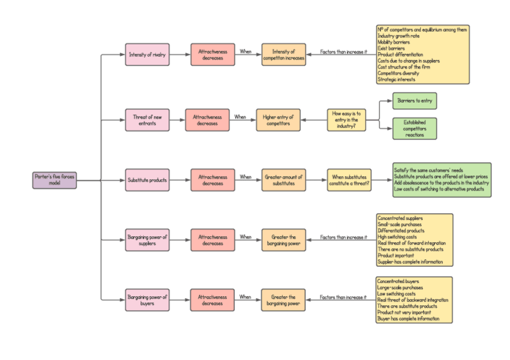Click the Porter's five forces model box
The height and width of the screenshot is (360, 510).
click(55, 180)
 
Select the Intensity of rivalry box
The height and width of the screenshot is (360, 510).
click(147, 55)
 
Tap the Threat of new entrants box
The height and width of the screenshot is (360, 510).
click(147, 120)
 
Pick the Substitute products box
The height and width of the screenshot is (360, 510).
click(147, 180)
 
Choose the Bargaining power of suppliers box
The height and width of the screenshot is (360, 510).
click(147, 240)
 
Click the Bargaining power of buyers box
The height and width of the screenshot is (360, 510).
click(147, 299)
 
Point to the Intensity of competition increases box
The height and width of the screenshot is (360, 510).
click(283, 55)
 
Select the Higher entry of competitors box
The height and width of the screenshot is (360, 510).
click(278, 120)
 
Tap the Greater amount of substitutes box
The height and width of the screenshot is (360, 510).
click(283, 180)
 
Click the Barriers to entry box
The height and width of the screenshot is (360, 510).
click(414, 101)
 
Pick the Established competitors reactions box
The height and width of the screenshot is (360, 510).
click(414, 129)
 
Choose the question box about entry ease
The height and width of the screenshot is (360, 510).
click(346, 120)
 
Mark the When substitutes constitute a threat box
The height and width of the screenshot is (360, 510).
click(349, 180)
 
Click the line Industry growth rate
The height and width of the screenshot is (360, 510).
click(398, 36)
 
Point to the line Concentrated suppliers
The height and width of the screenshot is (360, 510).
click(399, 218)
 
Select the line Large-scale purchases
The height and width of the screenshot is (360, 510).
click(400, 287)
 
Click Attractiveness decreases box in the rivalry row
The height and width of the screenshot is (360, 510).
click(212, 55)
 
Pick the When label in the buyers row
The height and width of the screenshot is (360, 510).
click(245, 297)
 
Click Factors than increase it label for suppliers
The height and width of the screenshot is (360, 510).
click(343, 237)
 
